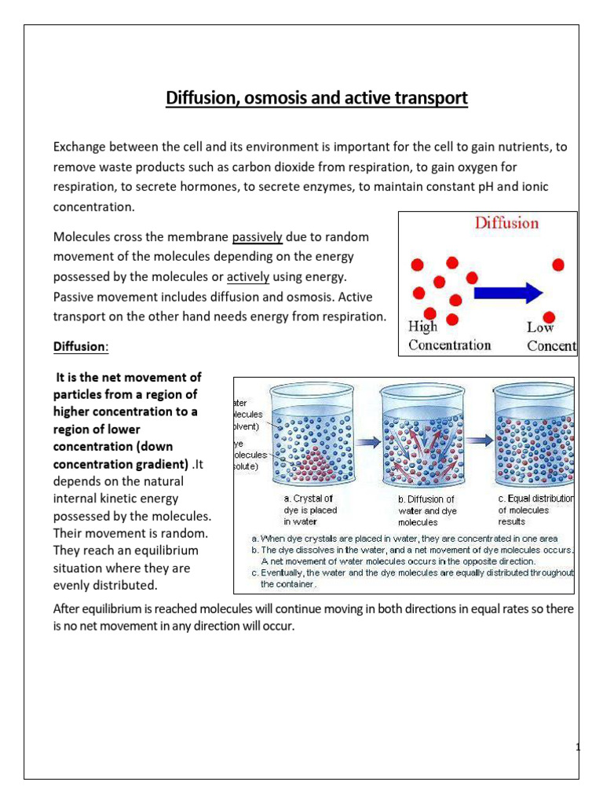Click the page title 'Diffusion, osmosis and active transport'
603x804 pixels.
coord(316,99)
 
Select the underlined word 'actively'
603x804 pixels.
coord(248,277)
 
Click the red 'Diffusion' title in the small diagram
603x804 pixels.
coord(506,223)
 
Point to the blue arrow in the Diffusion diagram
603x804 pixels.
coord(510,292)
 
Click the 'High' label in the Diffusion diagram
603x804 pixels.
coord(423,327)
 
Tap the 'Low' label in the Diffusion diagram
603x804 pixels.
coord(540,327)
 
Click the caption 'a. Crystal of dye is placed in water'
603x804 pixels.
coord(310,510)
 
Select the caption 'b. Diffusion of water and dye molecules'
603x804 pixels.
coord(426,510)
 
